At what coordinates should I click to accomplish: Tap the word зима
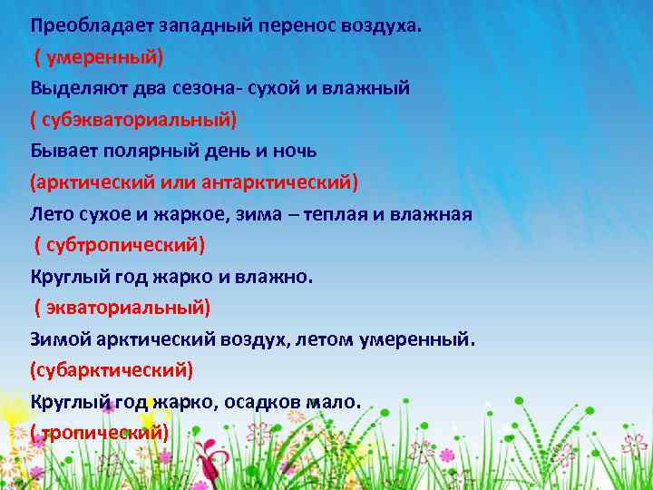point(249,214)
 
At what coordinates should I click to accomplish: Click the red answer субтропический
point(122,245)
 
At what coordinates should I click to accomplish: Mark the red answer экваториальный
point(124,308)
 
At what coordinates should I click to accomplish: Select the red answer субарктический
point(112,370)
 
